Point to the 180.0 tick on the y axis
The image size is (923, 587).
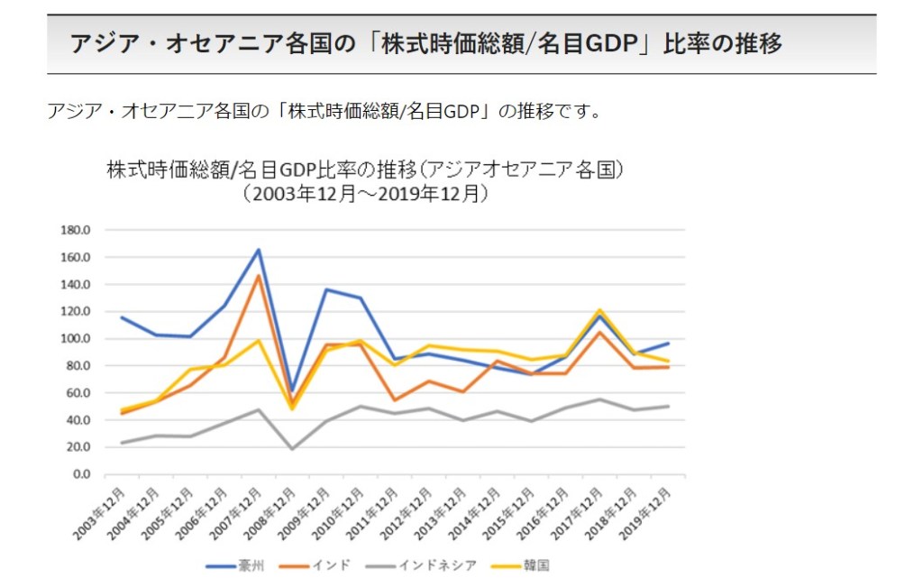point(77,230)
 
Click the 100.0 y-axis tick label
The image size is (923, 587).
point(77,339)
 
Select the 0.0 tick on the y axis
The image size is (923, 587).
point(81,474)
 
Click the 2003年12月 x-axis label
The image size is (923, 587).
point(98,511)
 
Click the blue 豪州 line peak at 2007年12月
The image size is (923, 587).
point(258,250)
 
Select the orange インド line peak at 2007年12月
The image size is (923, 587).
point(258,276)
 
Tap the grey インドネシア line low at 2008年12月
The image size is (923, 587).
point(292,449)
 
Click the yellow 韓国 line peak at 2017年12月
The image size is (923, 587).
point(599,310)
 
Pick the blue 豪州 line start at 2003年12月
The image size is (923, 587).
point(122,317)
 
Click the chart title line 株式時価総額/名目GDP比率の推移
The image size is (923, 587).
point(365,170)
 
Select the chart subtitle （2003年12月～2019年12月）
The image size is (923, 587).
point(365,192)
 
